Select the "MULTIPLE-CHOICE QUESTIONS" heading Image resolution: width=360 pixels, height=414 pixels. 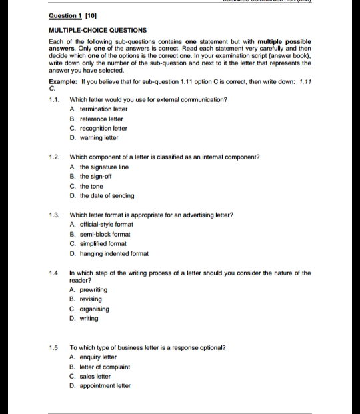[x=98, y=30]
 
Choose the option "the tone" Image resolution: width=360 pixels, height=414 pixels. [x=91, y=186]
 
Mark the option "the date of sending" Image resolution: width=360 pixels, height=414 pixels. [x=107, y=196]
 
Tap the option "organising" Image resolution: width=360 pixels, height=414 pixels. [x=95, y=309]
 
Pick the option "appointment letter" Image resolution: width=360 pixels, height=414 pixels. [x=105, y=385]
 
